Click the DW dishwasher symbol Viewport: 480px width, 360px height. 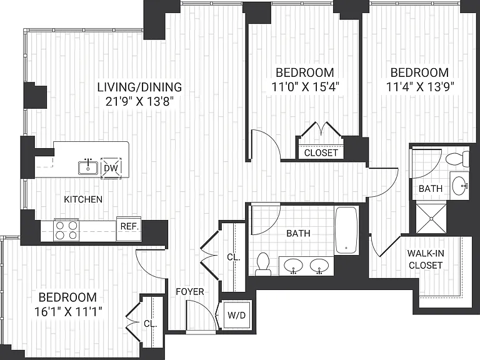coord(111,168)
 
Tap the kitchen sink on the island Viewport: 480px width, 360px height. coord(88,167)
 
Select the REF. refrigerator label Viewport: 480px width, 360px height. coord(129,226)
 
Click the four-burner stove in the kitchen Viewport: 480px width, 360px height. coord(66,230)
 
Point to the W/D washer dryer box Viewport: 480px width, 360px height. coord(237,315)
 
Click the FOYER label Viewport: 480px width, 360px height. coord(190,292)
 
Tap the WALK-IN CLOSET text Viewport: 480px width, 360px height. coord(426,259)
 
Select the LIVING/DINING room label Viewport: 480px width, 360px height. coord(139,87)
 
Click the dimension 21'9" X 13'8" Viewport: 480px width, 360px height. coord(139,101)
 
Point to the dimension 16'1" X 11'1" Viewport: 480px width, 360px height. coord(68,312)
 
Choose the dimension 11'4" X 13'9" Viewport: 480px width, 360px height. coord(420,87)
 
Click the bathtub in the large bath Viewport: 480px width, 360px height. coord(346,230)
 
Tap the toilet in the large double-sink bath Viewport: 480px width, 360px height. coord(263,264)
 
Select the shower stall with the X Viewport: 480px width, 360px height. coord(431,219)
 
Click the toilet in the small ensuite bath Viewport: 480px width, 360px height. coord(457,159)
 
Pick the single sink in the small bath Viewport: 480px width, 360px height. coord(461,186)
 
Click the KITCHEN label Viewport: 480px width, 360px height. coord(83,199)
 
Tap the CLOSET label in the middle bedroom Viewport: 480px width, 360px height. coord(321,152)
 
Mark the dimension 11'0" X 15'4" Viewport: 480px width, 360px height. coord(305,87)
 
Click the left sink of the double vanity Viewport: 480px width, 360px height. coord(293,266)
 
